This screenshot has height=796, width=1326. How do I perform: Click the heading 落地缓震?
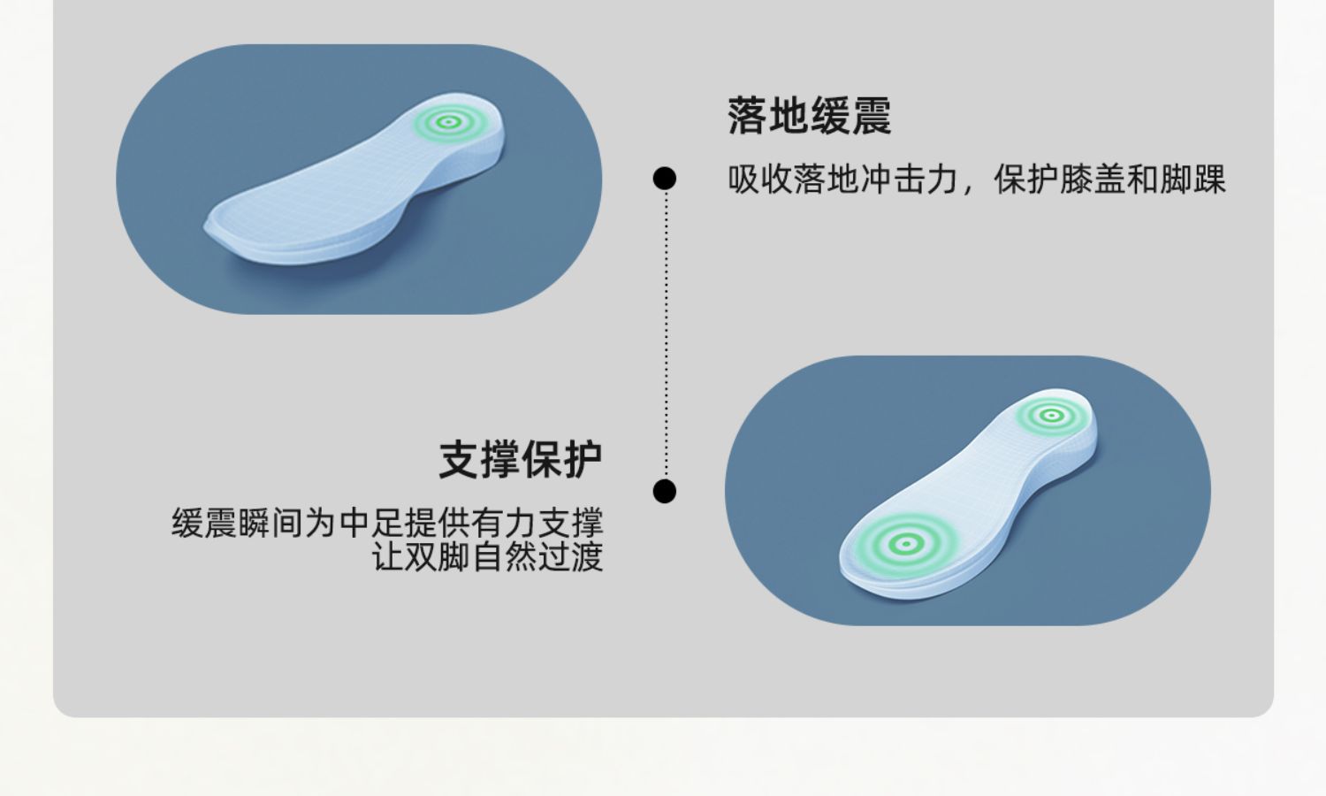tap(809, 116)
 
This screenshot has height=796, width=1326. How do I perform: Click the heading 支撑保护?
tap(520, 460)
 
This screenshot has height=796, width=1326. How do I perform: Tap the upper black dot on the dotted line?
tap(665, 179)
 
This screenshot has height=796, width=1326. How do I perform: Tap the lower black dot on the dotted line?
tap(665, 491)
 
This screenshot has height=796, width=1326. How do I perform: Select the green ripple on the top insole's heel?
tap(448, 123)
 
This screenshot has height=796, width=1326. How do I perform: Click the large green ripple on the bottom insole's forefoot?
tap(904, 543)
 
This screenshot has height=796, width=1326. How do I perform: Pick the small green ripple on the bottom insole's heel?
tap(1050, 415)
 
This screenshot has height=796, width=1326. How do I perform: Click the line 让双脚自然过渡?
tap(487, 557)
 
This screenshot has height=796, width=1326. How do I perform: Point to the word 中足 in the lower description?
tap(371, 523)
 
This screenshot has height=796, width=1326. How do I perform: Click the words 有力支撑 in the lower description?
tap(537, 523)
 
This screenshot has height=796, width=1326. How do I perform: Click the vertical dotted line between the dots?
tap(666, 336)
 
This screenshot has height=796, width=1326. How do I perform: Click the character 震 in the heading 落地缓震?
tap(871, 116)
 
